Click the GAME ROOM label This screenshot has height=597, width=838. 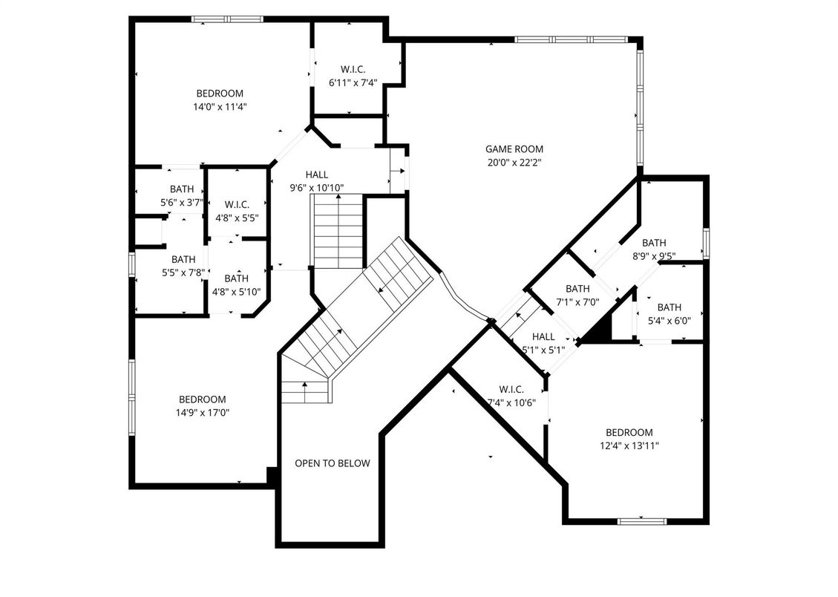(x=514, y=149)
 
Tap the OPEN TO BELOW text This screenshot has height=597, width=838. (x=333, y=463)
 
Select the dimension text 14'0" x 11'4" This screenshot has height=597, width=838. (x=220, y=107)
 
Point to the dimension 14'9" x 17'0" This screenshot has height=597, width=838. (x=202, y=413)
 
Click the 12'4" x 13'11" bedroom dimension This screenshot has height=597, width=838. (x=629, y=446)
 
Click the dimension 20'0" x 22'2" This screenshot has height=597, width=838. (x=514, y=163)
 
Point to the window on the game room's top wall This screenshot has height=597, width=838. (x=570, y=39)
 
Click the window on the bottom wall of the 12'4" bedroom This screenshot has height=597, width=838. (x=642, y=521)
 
